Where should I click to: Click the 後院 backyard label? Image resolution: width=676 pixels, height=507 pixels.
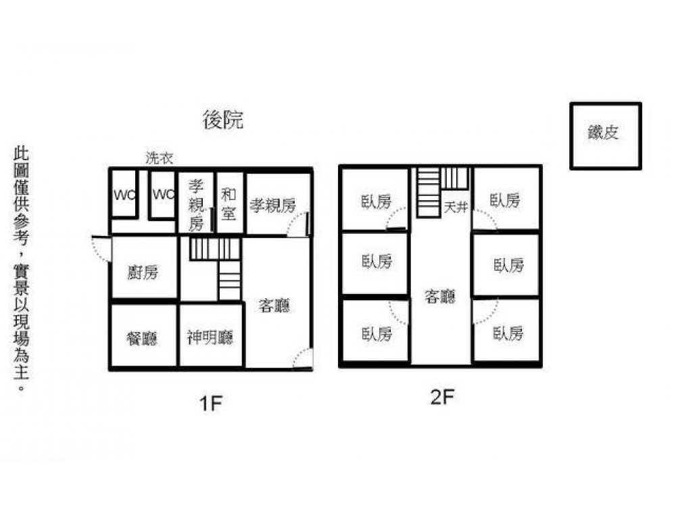(223, 120)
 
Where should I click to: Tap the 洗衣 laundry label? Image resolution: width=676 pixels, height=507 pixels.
(160, 159)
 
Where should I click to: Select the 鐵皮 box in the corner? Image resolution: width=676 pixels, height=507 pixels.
(604, 135)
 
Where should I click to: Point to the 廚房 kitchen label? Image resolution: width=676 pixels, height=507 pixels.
(143, 272)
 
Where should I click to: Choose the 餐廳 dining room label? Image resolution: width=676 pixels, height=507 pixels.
(142, 337)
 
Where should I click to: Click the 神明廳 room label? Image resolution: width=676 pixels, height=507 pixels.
(210, 337)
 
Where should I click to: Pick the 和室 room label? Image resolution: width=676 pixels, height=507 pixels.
(228, 203)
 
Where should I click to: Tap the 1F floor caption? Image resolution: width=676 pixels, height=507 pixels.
(211, 404)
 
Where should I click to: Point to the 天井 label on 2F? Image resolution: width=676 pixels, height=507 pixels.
(456, 208)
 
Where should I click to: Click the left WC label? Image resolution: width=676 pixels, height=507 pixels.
(124, 195)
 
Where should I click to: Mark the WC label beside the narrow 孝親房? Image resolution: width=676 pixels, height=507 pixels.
(163, 195)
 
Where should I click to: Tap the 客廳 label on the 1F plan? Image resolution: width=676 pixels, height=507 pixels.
(274, 306)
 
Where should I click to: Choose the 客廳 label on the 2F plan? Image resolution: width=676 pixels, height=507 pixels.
(439, 296)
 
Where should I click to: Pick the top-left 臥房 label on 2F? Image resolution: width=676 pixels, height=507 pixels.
(376, 201)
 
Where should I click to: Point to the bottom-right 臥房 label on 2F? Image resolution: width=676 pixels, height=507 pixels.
(507, 333)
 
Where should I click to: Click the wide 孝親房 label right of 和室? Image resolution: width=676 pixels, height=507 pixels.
(272, 205)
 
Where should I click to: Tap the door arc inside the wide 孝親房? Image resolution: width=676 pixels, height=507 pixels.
(297, 227)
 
